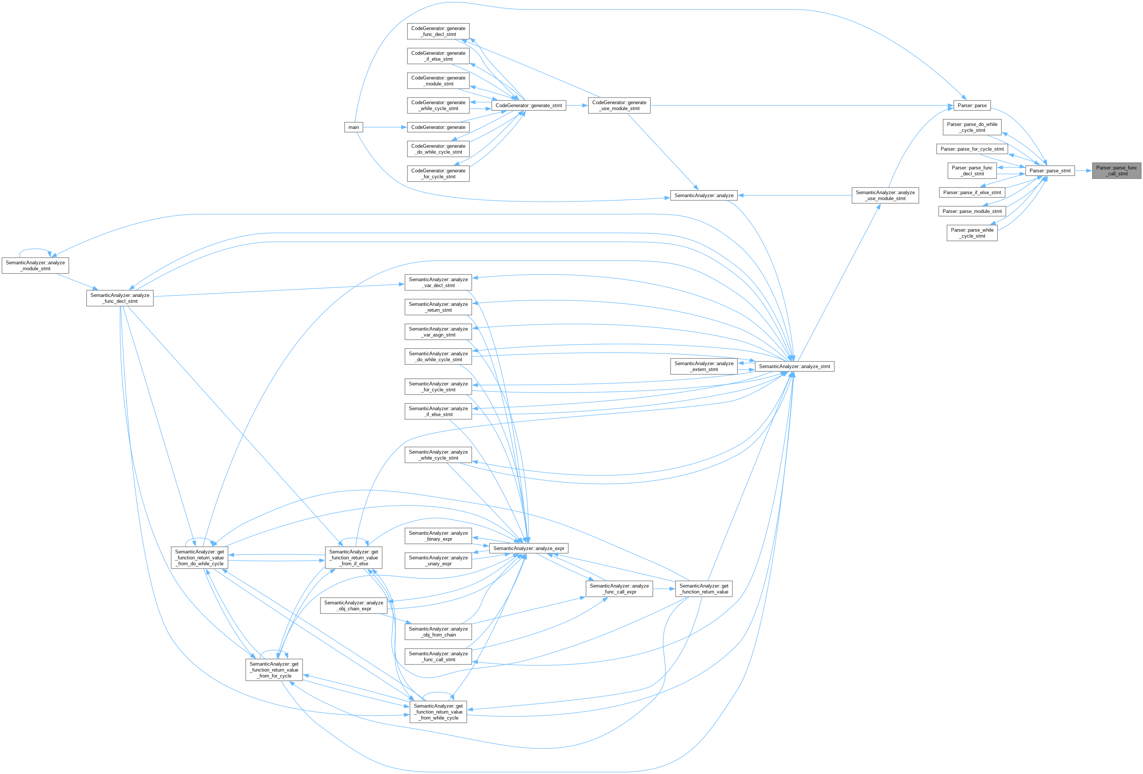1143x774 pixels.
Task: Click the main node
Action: [353, 128]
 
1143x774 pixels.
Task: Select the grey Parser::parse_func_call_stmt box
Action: [1116, 171]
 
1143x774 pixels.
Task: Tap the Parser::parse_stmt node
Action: [1050, 171]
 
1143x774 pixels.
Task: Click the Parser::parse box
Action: [972, 105]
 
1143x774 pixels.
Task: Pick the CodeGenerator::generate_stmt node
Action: [528, 105]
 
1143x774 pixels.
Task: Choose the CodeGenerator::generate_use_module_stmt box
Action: [619, 105]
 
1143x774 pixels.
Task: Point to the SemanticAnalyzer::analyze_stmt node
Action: [794, 367]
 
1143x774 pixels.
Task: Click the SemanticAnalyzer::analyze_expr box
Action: [528, 548]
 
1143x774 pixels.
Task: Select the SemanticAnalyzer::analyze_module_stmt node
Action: [36, 266]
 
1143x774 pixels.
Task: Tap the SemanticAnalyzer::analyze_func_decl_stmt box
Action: [120, 298]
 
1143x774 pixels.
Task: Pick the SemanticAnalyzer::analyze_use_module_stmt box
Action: [885, 195]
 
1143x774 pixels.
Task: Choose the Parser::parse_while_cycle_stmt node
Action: [972, 233]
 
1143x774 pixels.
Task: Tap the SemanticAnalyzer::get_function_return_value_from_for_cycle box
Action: [274, 670]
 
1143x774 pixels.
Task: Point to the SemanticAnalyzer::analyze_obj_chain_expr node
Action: [353, 606]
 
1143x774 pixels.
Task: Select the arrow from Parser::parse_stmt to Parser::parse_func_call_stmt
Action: [1083, 171]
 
